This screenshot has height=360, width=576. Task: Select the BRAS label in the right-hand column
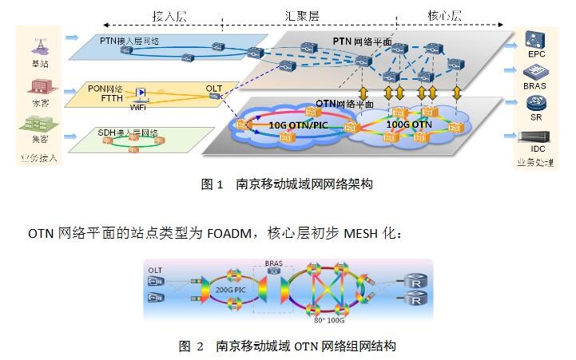534,86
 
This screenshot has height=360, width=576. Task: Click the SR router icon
534,103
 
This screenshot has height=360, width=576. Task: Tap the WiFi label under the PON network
138,105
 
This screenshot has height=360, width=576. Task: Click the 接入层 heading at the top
169,15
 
